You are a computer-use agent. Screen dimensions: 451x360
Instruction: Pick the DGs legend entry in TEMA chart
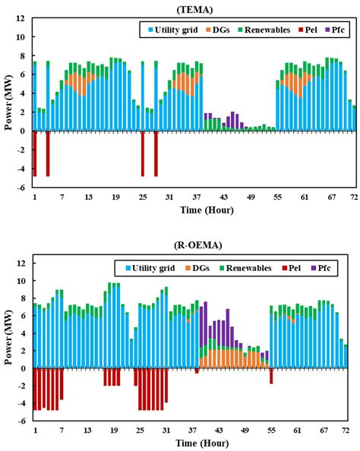coord(226,30)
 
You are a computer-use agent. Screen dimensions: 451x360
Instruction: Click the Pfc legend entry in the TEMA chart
coord(339,30)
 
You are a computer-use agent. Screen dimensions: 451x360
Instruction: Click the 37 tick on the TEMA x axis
coord(195,197)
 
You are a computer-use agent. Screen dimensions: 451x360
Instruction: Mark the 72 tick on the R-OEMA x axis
coord(353,430)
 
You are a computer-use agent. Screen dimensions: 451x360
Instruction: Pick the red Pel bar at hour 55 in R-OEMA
coord(271,376)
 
